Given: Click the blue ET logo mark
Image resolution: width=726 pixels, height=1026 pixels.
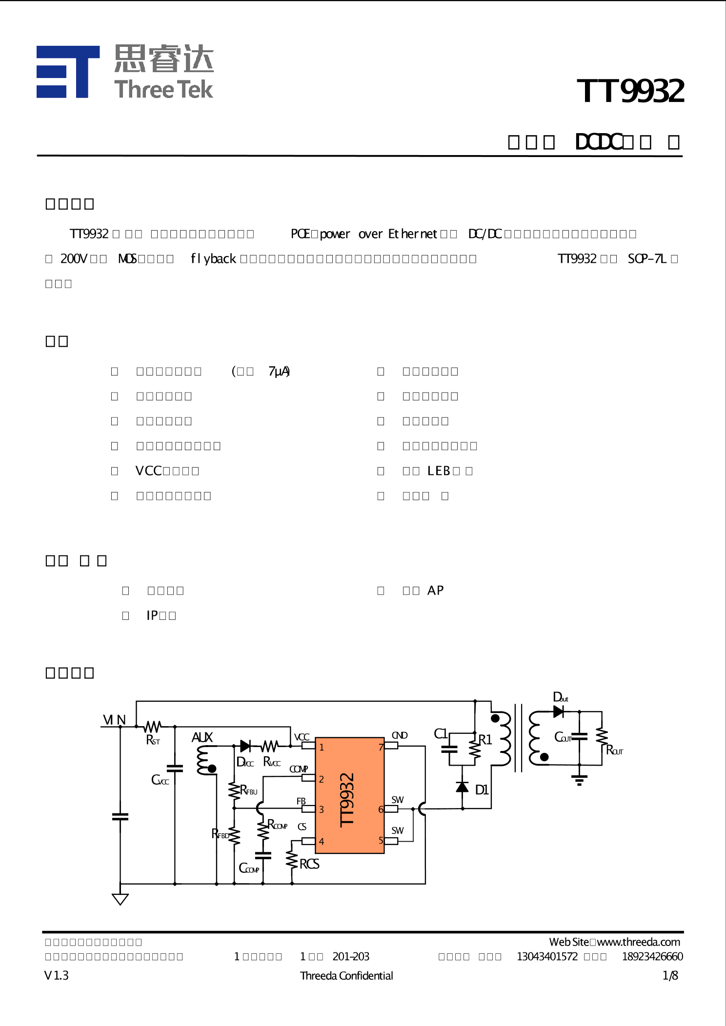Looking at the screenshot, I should (68, 72).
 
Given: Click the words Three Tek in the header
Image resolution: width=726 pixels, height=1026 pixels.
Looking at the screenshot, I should (163, 90).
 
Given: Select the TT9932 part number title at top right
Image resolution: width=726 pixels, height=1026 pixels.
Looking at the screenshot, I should (630, 91).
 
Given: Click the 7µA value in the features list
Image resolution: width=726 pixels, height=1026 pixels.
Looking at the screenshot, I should (279, 372).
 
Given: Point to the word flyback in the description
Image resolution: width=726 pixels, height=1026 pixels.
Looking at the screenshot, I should (213, 258).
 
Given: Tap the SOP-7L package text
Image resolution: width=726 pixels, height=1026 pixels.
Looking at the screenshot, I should (647, 258).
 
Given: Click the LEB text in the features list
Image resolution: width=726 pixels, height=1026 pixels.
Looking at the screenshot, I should (439, 471).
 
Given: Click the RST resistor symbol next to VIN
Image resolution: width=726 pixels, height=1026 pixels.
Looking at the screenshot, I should (153, 727).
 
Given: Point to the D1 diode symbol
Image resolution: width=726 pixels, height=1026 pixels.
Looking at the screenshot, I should (463, 787).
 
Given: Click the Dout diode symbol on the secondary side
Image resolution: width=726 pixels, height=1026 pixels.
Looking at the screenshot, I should (559, 712).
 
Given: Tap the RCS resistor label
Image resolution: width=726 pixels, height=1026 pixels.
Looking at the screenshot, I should (309, 864).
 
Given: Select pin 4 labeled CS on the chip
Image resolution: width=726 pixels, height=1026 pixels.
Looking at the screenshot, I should (308, 841).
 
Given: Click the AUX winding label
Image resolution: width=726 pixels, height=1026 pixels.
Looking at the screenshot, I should (202, 737).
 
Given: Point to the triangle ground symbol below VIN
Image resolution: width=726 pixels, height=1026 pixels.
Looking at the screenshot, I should (120, 899).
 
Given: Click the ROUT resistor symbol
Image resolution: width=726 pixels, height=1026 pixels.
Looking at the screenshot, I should (602, 736).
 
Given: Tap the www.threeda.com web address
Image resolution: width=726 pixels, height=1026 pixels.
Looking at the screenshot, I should (638, 942).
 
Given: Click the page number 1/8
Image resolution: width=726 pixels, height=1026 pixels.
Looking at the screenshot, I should (670, 975).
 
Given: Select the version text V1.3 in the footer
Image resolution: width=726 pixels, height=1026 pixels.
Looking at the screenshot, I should (57, 975).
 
